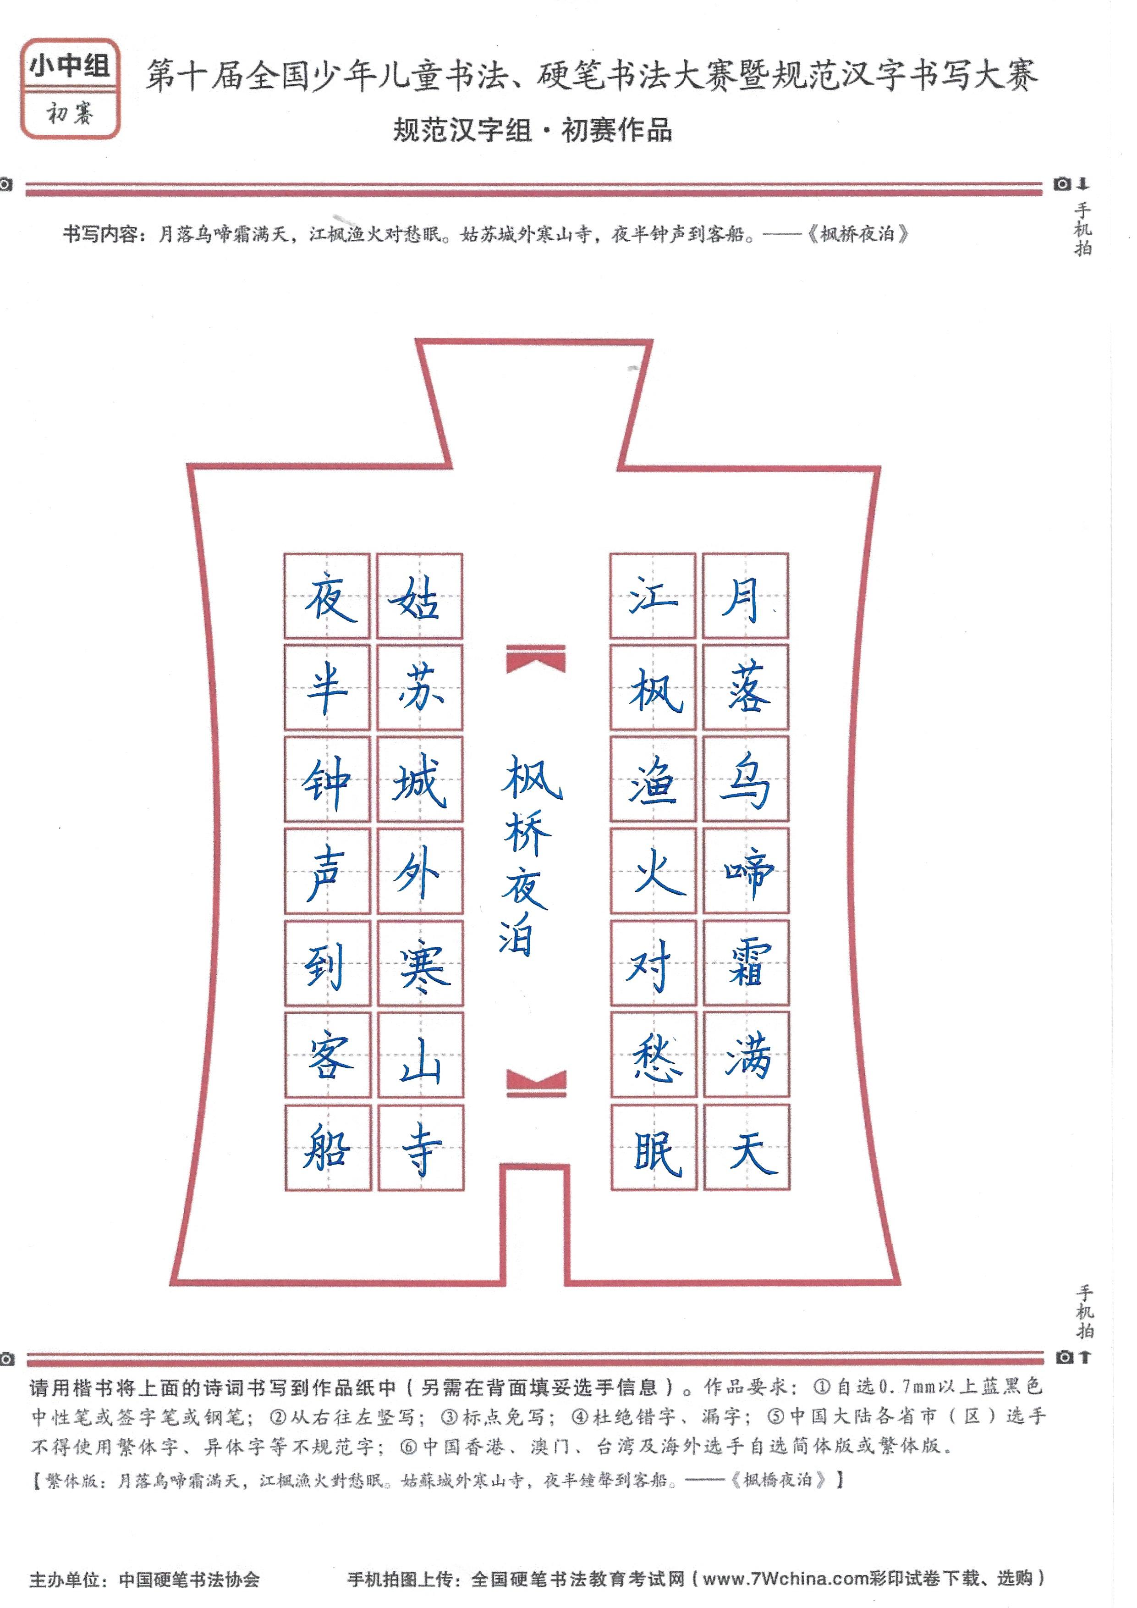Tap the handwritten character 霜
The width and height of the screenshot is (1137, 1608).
748,963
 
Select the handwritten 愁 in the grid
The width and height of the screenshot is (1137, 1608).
656,1056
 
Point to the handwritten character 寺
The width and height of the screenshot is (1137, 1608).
422,1149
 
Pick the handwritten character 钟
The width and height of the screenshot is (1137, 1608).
326,782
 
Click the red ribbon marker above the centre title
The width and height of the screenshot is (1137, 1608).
536,659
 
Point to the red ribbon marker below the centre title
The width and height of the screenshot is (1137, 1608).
536,1083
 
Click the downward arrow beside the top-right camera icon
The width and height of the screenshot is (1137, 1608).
1083,184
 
